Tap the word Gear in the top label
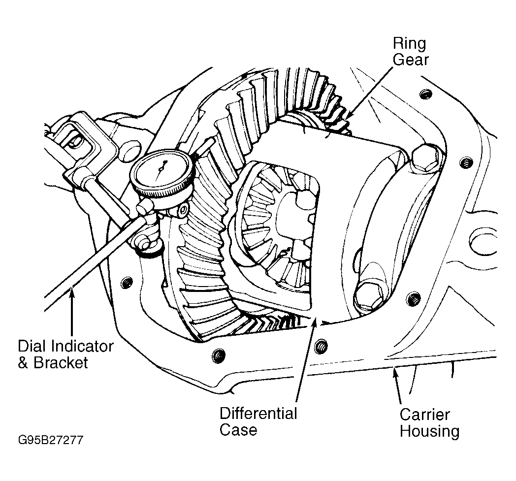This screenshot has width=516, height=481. pyautogui.click(x=411, y=60)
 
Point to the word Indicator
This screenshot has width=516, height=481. pyautogui.click(x=82, y=346)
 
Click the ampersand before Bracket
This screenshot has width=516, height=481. pyautogui.click(x=23, y=363)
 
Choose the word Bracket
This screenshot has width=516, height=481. pyautogui.click(x=61, y=363)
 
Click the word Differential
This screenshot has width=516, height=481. pyautogui.click(x=258, y=414)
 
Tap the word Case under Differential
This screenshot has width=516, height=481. pyautogui.click(x=238, y=430)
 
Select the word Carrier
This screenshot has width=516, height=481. pyautogui.click(x=424, y=415)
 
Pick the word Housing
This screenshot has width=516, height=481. pyautogui.click(x=429, y=431)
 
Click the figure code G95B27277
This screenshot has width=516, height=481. pyautogui.click(x=51, y=440)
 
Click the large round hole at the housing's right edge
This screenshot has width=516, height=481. pyautogui.click(x=483, y=241)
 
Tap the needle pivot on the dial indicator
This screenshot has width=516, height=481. pyautogui.click(x=161, y=169)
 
